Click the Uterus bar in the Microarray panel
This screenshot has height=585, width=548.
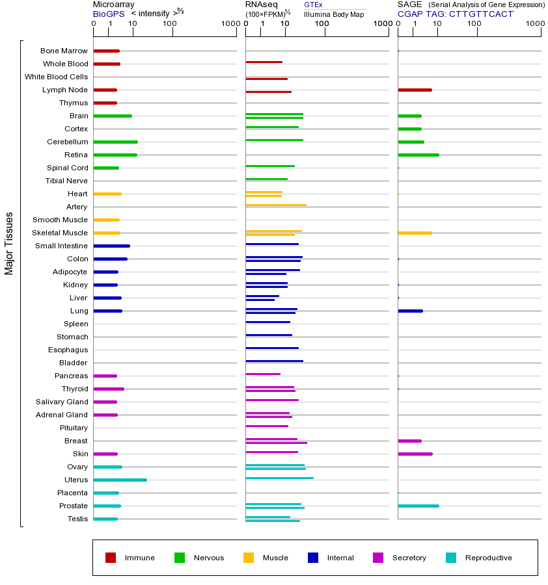point(120,480)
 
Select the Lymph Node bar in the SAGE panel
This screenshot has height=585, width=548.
point(415,90)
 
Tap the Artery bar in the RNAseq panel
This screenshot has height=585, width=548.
point(276,205)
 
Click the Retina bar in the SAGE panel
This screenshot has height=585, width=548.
point(418,155)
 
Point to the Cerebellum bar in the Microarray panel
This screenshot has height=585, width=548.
point(116,142)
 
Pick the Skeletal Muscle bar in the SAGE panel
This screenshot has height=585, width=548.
point(415,233)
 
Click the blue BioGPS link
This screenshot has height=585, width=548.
point(109,14)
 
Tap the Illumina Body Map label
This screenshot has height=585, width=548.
point(334,14)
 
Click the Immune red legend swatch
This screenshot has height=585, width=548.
point(111,558)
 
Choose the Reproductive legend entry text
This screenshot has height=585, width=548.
point(488,558)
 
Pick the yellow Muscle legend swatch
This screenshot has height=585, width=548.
point(249,558)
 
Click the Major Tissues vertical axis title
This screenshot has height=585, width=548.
point(9,243)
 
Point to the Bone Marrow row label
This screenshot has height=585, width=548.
point(64,51)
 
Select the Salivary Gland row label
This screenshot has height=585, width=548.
point(62,402)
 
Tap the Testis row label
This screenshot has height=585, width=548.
point(77,519)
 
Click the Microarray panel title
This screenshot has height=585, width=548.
point(113,5)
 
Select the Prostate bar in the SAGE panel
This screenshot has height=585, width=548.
point(418,506)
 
